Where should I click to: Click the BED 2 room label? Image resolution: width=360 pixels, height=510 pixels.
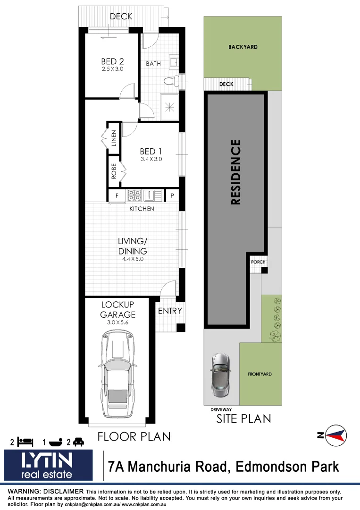click(x=112, y=61)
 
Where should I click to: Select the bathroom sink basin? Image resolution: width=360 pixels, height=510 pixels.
click(x=173, y=62)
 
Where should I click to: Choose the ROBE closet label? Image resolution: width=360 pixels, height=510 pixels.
click(x=114, y=170)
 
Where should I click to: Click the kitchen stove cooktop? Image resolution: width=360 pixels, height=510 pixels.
click(x=134, y=195)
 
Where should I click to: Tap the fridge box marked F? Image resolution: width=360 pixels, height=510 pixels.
click(x=116, y=195)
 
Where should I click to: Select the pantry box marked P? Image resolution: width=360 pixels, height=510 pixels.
click(x=172, y=195)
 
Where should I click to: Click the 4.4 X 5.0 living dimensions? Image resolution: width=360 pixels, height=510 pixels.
click(x=133, y=259)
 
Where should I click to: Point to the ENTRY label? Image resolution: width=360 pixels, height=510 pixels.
click(x=170, y=311)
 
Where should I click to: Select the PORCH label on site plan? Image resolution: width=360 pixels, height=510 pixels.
click(x=258, y=262)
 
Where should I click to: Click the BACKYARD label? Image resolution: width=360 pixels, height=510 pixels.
click(x=243, y=47)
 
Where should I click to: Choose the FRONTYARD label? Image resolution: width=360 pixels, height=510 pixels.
click(x=260, y=374)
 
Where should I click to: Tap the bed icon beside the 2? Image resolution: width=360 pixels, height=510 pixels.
click(x=25, y=442)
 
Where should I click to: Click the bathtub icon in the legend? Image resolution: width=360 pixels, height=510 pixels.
click(x=55, y=442)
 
